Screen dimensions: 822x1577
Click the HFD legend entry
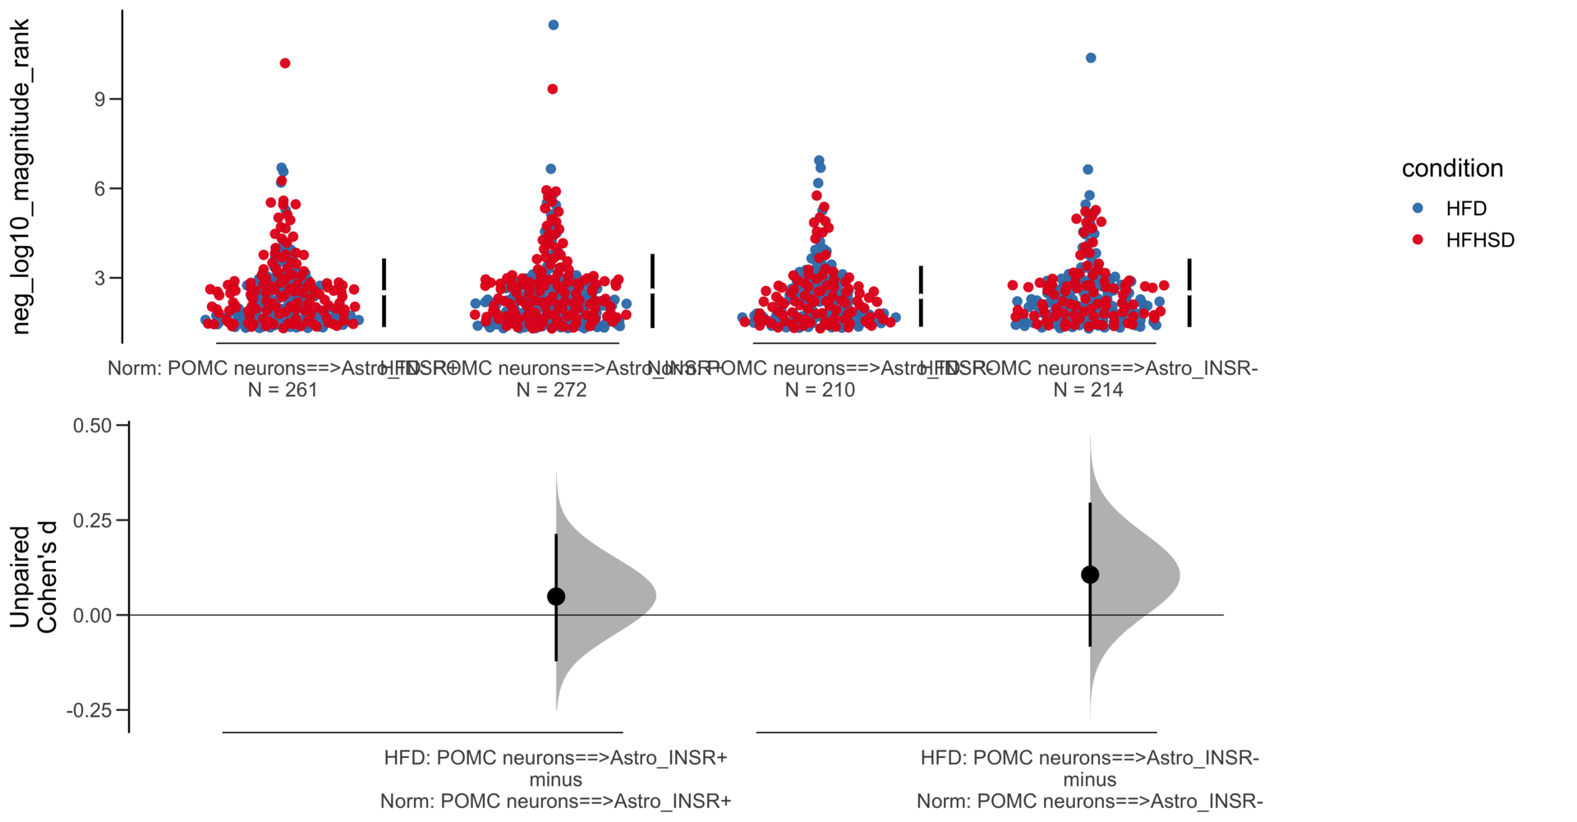tap(1465, 209)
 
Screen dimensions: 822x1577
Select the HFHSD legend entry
tap(1478, 241)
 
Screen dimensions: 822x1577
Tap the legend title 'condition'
tap(1451, 169)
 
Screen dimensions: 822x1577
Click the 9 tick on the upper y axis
tap(100, 99)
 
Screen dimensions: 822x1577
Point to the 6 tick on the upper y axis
tap(100, 189)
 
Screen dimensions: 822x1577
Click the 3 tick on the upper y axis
tap(100, 279)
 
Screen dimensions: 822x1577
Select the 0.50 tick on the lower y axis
tap(92, 426)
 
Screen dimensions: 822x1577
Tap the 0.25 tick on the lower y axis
tap(92, 520)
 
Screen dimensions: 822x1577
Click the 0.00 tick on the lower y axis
tap(92, 616)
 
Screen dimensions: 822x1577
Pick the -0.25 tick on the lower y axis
tap(89, 710)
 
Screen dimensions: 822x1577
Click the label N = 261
tap(283, 390)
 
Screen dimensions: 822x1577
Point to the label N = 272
tap(551, 390)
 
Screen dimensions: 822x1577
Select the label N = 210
tap(820, 390)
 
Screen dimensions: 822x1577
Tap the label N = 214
tap(1088, 390)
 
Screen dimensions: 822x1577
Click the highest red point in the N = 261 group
tap(285, 63)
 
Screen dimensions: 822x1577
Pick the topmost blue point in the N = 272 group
tap(554, 25)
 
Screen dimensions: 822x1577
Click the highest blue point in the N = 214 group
tap(1091, 58)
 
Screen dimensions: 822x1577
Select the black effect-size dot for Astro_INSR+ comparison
tap(556, 597)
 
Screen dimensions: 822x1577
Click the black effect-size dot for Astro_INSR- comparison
tap(1090, 575)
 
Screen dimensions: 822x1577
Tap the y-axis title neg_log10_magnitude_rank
tap(21, 177)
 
